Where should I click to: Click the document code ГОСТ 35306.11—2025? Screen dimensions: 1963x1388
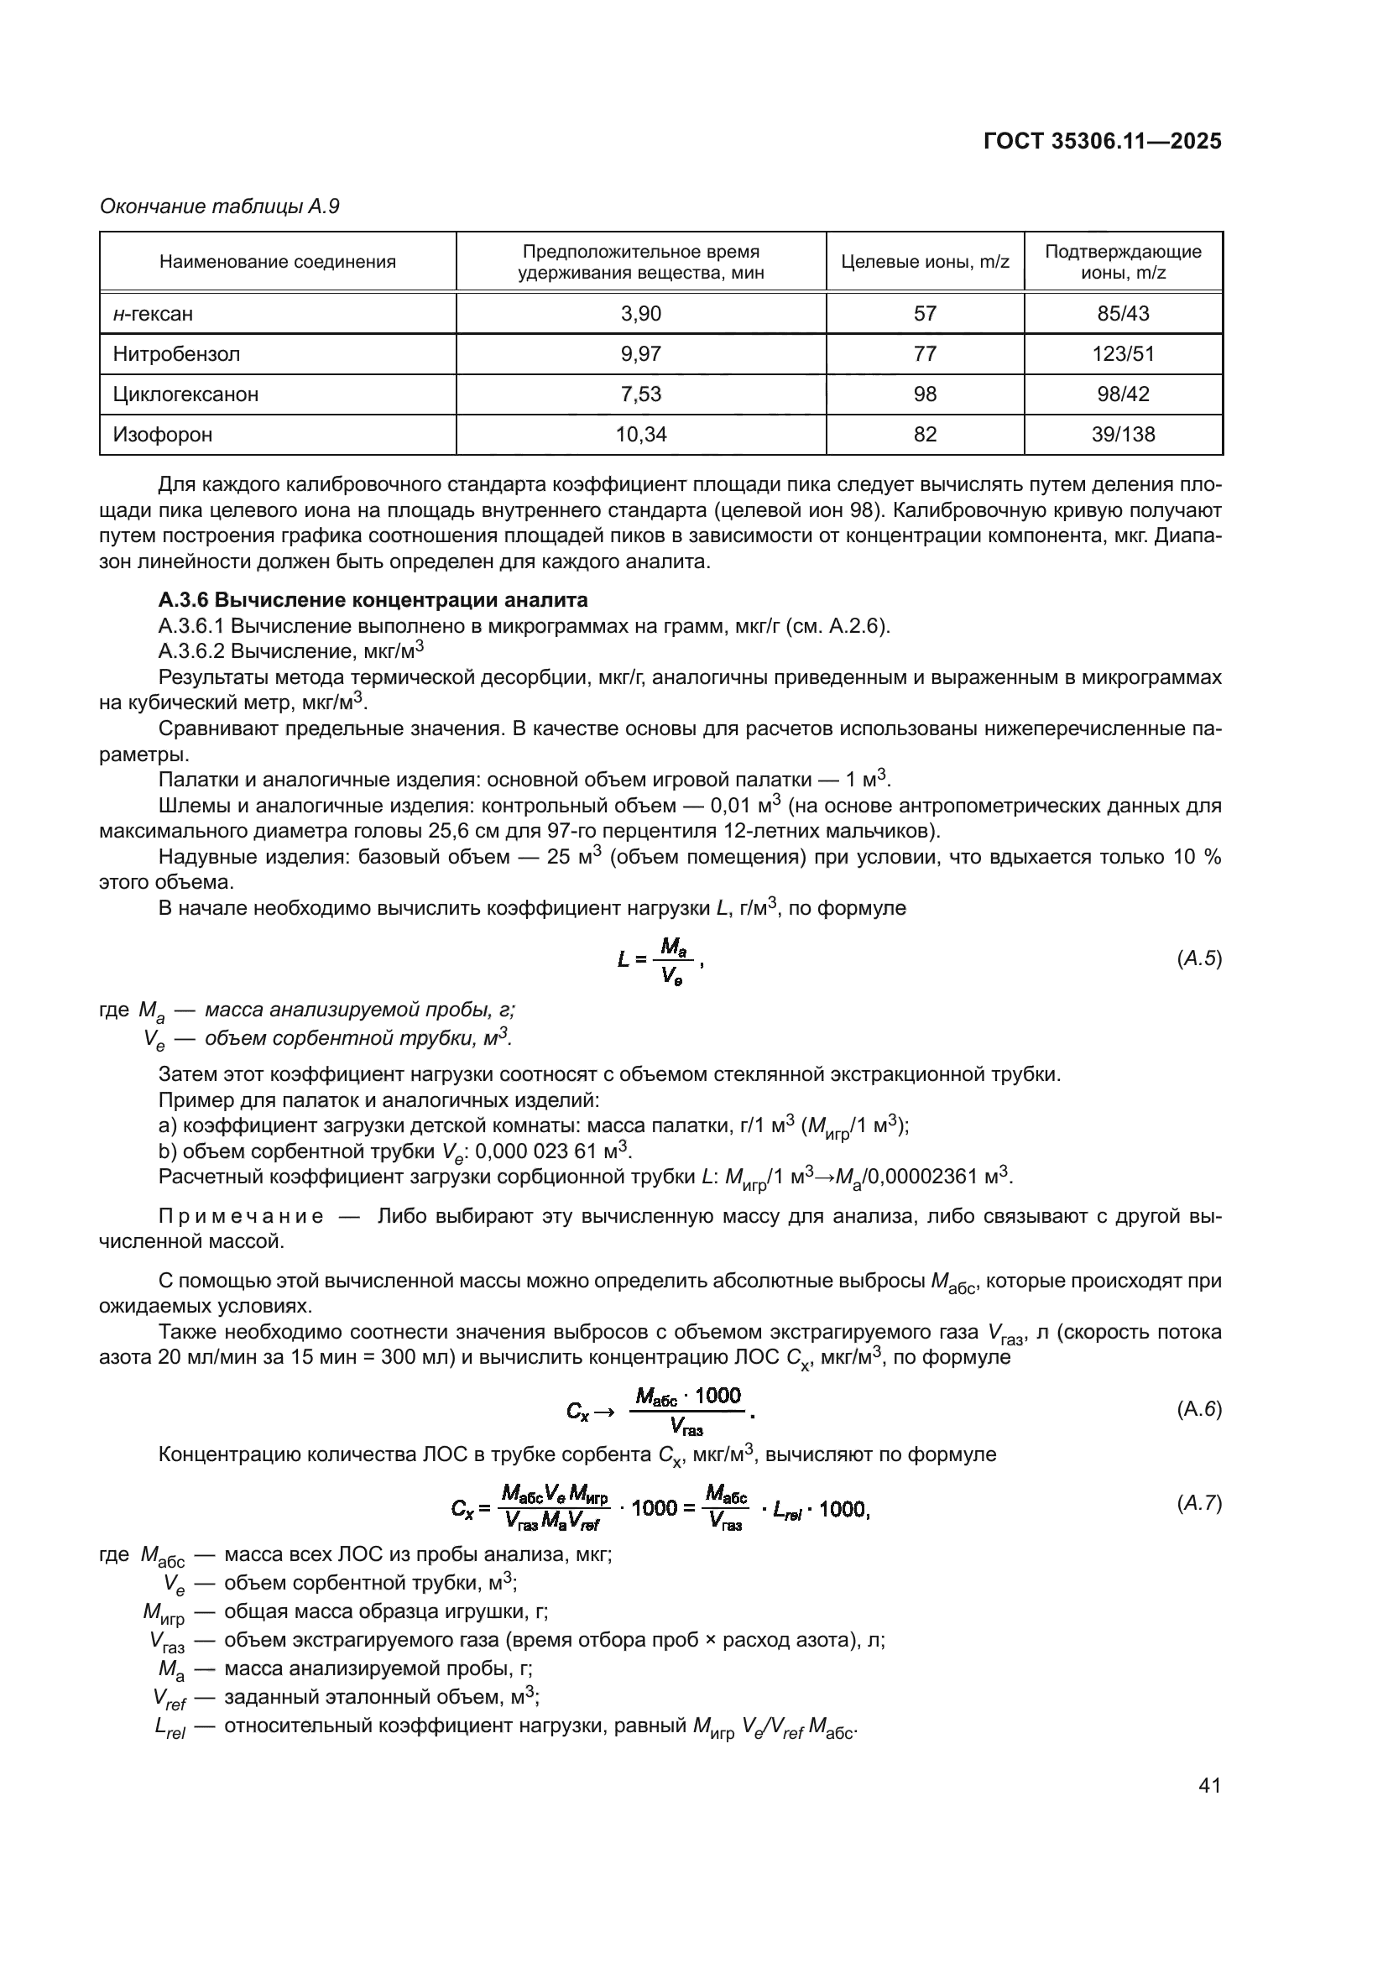point(1102,142)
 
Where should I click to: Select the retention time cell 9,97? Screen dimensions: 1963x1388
point(640,354)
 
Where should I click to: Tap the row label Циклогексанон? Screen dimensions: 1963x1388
point(185,394)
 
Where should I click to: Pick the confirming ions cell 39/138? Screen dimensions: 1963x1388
point(1122,435)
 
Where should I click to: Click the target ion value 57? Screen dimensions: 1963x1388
point(925,314)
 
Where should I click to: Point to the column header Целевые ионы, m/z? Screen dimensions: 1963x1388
point(925,263)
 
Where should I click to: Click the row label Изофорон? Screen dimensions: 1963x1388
point(163,435)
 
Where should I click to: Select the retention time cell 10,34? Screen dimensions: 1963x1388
point(640,435)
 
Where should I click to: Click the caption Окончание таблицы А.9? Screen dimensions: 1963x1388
point(220,207)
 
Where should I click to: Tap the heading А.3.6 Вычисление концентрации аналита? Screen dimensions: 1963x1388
point(373,600)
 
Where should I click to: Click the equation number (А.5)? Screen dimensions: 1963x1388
point(1198,958)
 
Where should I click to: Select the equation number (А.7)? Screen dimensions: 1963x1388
point(1198,1503)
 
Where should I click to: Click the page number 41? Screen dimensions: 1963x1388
point(1208,1785)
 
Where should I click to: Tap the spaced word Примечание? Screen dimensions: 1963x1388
point(241,1216)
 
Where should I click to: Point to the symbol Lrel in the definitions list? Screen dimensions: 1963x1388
point(170,1727)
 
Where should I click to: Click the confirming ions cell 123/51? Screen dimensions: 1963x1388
point(1122,354)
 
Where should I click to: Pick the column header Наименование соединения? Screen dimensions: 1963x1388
point(278,263)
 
